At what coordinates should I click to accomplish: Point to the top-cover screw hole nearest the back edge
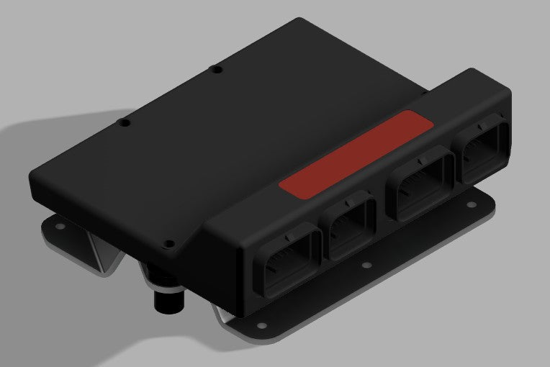coord(215,70)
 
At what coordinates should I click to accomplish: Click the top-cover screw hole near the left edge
coord(125,123)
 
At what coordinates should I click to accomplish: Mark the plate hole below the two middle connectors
coord(366,265)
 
